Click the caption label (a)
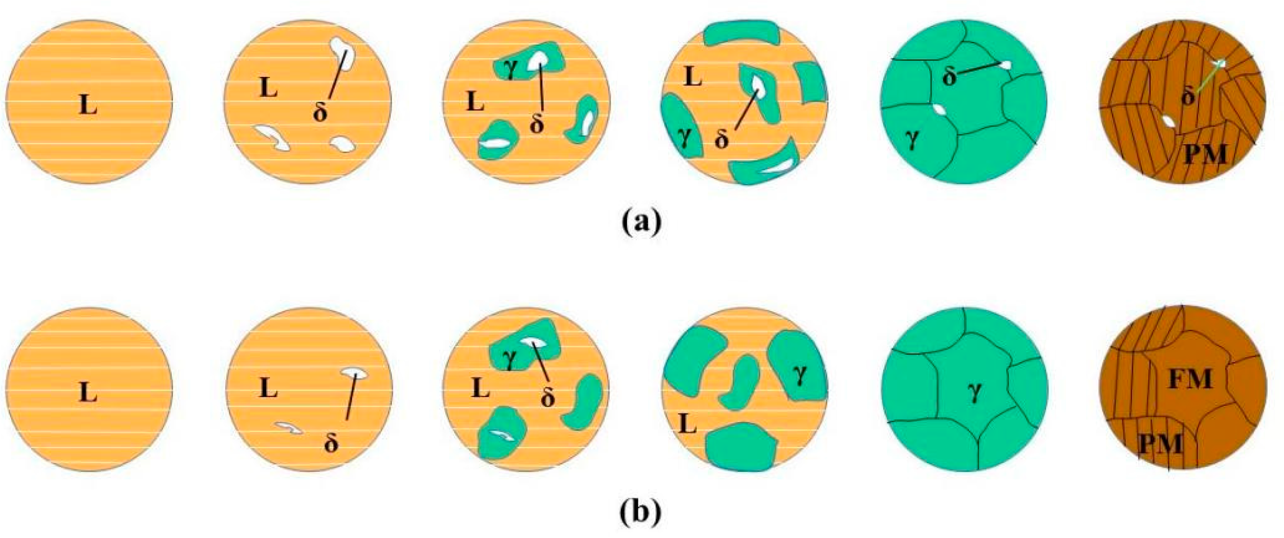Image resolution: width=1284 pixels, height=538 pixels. point(642,222)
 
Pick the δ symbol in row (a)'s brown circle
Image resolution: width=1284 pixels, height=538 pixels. point(1188,97)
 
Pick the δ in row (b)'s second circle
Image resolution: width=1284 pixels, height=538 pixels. point(331,443)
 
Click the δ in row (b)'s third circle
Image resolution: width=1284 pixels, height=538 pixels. point(547,398)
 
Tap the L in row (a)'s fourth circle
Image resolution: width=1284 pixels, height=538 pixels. point(692,77)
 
